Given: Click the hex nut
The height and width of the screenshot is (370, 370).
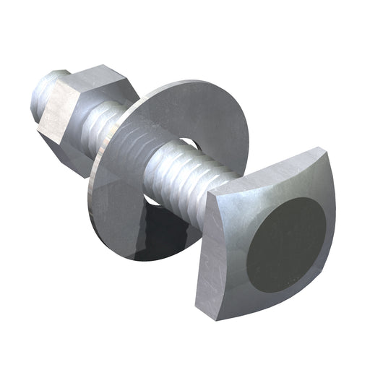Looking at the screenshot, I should [79, 108].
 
